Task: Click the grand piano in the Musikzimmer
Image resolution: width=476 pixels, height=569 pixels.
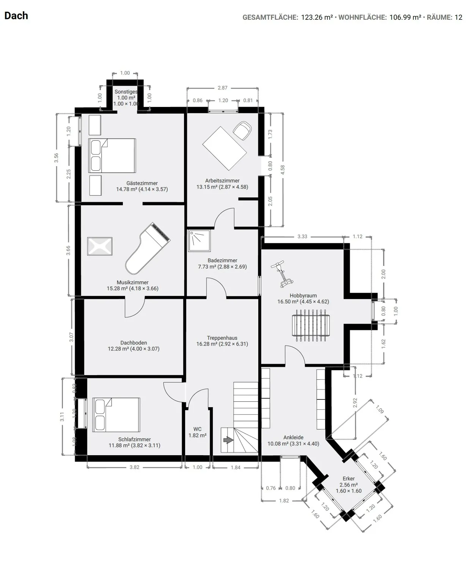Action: click(x=148, y=248)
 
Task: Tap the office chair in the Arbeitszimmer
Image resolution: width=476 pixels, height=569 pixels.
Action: click(x=242, y=130)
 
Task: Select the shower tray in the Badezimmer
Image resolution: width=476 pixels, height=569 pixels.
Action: click(x=200, y=241)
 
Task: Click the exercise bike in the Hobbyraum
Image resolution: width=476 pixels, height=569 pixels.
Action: click(x=282, y=274)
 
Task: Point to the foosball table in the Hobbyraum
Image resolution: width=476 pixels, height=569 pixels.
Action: click(x=311, y=325)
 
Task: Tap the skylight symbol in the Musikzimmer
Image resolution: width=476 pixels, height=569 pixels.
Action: click(x=100, y=246)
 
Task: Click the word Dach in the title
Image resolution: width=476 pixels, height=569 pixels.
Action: click(x=16, y=16)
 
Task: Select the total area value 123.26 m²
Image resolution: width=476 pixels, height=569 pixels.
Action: click(x=317, y=17)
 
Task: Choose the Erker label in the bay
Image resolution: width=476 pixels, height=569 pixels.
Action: click(x=349, y=478)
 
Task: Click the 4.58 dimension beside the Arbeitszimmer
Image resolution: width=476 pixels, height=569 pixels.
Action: click(x=283, y=170)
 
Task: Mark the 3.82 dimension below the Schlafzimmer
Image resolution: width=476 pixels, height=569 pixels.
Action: click(x=134, y=467)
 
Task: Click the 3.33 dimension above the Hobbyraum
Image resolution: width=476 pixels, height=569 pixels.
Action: click(x=302, y=237)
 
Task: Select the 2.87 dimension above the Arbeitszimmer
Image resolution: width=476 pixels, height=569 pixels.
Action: click(x=222, y=88)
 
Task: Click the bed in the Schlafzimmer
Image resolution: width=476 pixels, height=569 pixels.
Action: click(x=116, y=415)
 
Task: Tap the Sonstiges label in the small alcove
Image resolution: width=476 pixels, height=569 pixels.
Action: click(x=126, y=92)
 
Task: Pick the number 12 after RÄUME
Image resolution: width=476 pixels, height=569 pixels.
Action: click(x=458, y=17)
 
